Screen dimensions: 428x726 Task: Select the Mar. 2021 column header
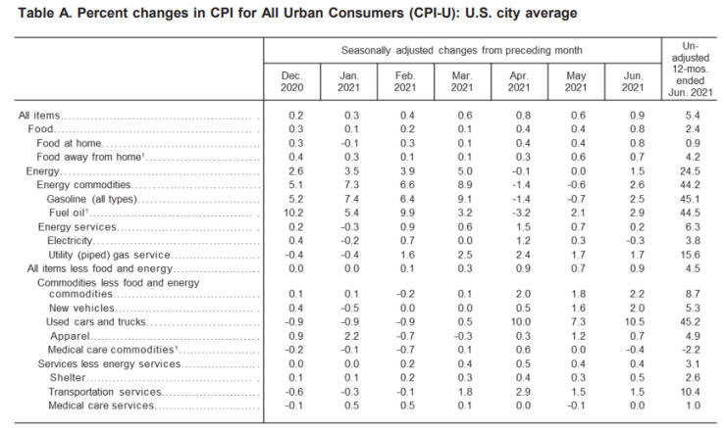point(462,81)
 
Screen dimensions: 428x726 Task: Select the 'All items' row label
point(38,116)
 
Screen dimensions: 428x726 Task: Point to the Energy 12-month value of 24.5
point(693,170)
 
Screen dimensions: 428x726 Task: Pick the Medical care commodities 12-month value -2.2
point(693,350)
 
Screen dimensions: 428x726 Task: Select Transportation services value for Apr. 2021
point(519,392)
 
